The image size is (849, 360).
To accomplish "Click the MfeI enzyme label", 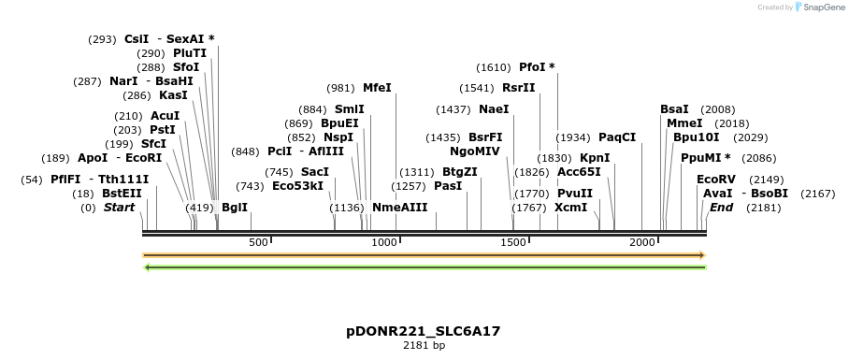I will point(377,88).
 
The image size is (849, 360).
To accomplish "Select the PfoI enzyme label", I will point(538,67).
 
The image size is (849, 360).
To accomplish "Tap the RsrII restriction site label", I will point(519,88).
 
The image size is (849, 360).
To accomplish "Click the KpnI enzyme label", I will point(595,158).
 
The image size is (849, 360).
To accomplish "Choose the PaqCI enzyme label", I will point(617,137).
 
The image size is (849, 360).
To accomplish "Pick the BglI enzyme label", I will point(235,207).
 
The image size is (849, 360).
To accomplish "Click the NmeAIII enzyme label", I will point(399,207).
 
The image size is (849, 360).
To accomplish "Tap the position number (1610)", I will point(494,67).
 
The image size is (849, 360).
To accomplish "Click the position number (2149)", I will point(767,179).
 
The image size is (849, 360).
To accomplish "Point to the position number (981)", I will point(340,88).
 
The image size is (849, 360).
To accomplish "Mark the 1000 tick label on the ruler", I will point(385,243).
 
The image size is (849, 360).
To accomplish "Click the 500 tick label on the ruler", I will point(258,243).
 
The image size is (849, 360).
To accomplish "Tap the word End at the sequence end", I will point(721,207).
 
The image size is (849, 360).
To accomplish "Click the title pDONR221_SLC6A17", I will point(424,331).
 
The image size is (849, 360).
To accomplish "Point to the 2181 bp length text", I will point(424,346).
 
